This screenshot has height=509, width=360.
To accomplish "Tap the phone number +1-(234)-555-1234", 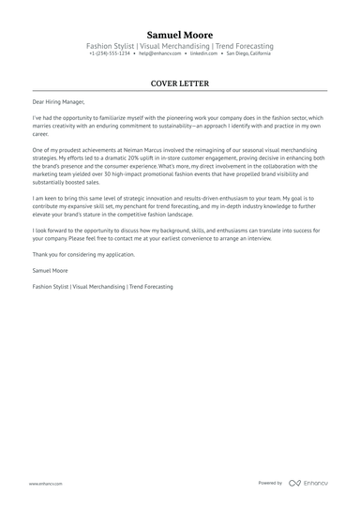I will click(110, 53).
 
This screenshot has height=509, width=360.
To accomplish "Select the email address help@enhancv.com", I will click(159, 53).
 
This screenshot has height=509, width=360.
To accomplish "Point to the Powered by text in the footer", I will click(270, 483).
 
